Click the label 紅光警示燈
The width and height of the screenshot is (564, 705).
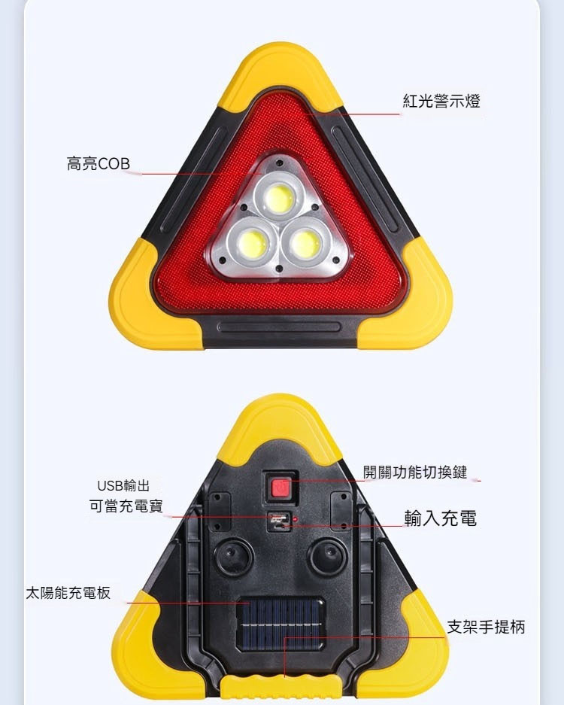(441, 101)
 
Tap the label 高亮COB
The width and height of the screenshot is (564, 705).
(99, 164)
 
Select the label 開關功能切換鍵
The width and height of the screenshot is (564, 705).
(415, 472)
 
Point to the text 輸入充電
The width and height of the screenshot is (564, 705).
(441, 518)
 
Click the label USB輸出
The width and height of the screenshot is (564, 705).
(123, 485)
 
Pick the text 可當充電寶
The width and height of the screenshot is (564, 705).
(126, 506)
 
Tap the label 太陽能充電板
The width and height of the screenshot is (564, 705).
(68, 593)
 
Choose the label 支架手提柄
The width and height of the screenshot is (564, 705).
(486, 626)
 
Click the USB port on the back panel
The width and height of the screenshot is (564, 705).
(279, 521)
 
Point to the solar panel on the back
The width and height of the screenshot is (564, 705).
(280, 624)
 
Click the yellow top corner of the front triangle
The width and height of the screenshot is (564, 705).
(281, 74)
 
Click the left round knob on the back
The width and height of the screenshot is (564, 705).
(233, 557)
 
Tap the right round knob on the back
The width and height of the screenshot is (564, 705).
(328, 557)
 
